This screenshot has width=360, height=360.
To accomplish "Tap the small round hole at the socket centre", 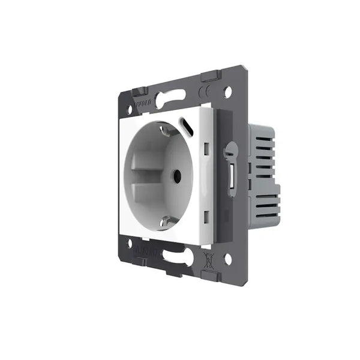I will (177, 177).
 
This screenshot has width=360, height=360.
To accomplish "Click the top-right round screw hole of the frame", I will (227, 92).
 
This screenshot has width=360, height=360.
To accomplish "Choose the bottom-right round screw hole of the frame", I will (227, 260).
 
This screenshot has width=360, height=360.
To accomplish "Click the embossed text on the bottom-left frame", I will (144, 250).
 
